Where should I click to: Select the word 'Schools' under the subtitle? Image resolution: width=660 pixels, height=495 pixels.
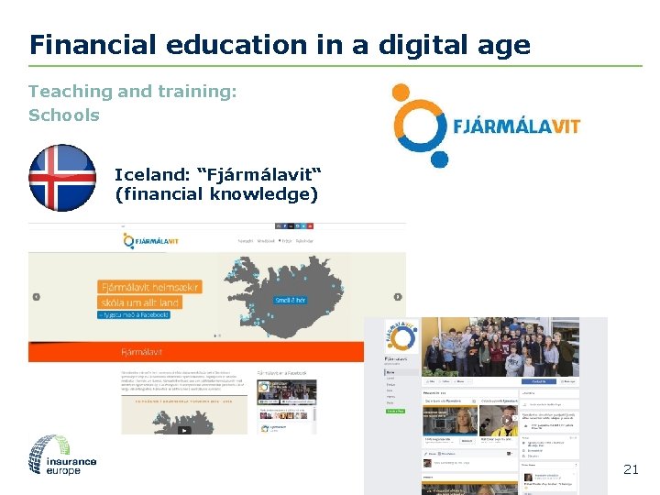63,115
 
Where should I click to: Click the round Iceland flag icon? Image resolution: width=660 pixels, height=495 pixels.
62,178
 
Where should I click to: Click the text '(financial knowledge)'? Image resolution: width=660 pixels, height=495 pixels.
216,194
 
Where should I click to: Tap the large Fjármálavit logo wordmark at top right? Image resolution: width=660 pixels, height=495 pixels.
516,126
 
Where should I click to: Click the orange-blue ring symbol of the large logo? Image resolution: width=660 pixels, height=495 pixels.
419,123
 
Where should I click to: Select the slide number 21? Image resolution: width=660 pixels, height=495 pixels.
630,469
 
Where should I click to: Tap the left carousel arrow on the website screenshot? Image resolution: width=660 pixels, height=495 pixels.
37,297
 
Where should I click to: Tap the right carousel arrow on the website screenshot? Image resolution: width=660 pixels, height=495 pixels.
398,297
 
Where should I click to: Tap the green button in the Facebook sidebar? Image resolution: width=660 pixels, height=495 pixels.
394,412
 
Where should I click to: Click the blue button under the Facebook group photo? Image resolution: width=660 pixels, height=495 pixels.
539,381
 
